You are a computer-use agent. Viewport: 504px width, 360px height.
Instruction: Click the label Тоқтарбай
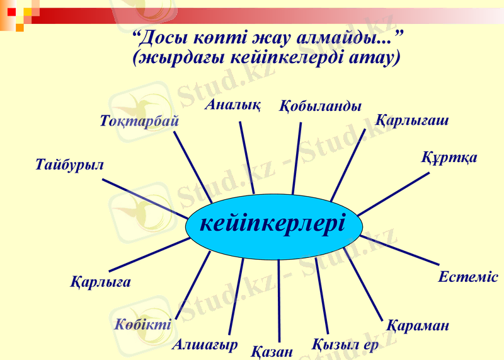(x=139, y=120)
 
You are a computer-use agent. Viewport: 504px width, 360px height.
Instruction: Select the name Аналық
(x=232, y=105)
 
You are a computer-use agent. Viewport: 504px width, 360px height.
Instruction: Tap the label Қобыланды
(x=320, y=105)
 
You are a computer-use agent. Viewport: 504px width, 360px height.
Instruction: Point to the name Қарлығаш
(x=412, y=120)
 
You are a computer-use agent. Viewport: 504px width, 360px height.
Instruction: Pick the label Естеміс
(x=467, y=277)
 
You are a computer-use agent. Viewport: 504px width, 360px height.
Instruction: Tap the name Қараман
(x=418, y=326)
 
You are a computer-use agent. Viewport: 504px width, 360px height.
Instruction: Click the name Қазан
(x=272, y=351)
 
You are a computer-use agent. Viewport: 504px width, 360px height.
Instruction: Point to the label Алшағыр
(x=205, y=344)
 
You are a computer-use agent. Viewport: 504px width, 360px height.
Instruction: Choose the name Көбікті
(x=142, y=325)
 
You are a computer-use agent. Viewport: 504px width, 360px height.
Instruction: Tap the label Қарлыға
(x=101, y=282)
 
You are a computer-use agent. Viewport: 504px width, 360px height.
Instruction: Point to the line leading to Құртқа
(x=393, y=194)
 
